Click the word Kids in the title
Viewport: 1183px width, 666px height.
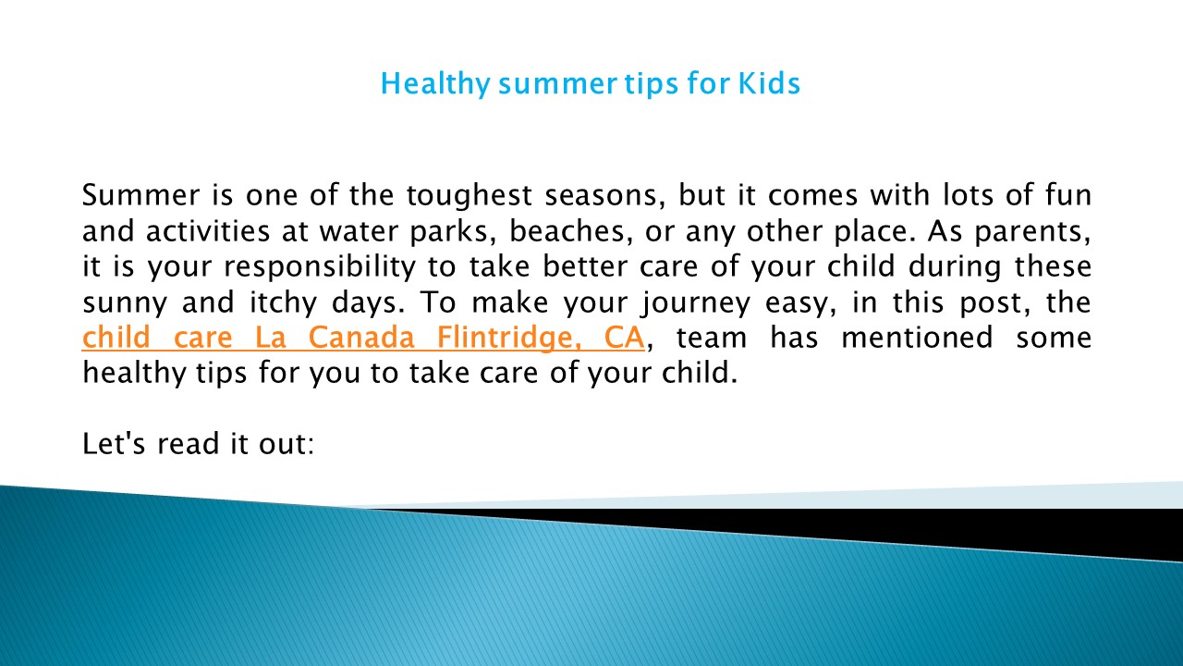pos(768,84)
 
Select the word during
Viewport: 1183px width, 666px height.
pos(954,266)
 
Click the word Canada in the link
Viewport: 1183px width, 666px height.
pos(360,338)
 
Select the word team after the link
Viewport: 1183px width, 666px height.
pos(712,338)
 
